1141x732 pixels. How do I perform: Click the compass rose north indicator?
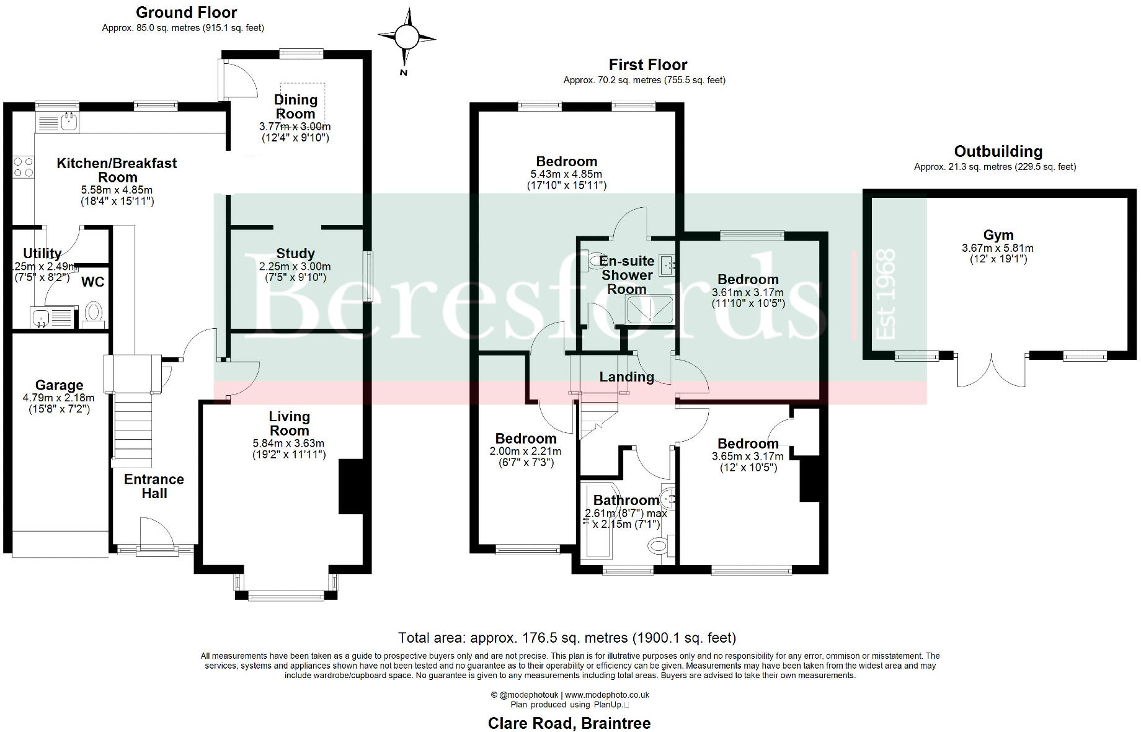(x=407, y=38)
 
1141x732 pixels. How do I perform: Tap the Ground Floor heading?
(x=186, y=12)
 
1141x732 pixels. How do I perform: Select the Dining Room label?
(x=295, y=107)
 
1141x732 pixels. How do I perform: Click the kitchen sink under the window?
(x=68, y=122)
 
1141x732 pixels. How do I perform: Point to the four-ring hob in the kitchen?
(x=24, y=167)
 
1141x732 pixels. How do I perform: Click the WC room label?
(x=93, y=282)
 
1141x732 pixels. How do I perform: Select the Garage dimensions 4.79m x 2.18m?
(x=58, y=398)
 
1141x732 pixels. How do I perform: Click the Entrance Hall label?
(x=154, y=486)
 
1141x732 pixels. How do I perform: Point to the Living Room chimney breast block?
(x=350, y=486)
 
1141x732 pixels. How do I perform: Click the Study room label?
(x=295, y=254)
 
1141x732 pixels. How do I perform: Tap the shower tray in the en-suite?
(x=649, y=310)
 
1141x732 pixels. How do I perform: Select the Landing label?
(x=626, y=377)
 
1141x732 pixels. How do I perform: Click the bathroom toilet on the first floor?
(x=658, y=546)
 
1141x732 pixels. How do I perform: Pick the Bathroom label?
(x=626, y=500)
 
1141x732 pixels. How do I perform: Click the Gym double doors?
(x=990, y=370)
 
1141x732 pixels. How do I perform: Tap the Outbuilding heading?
(x=998, y=151)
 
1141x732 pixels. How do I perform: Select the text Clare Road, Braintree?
(x=569, y=723)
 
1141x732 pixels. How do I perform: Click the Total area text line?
(x=567, y=638)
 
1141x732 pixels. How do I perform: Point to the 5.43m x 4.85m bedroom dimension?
(x=566, y=174)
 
